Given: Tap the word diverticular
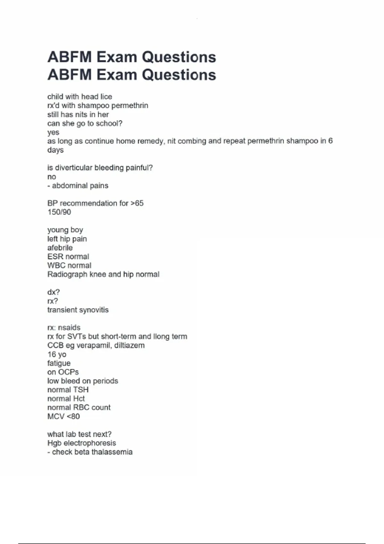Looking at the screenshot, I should (74, 168).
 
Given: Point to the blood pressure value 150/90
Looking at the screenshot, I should (59, 212).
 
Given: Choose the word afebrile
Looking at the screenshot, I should (60, 248).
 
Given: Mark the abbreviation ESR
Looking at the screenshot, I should (55, 257).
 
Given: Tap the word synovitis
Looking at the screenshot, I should (95, 310).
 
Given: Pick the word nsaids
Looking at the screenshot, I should (69, 328).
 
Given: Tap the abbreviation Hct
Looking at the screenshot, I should (79, 399).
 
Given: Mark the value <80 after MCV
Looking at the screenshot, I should (73, 417).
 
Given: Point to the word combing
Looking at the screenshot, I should (192, 141).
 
